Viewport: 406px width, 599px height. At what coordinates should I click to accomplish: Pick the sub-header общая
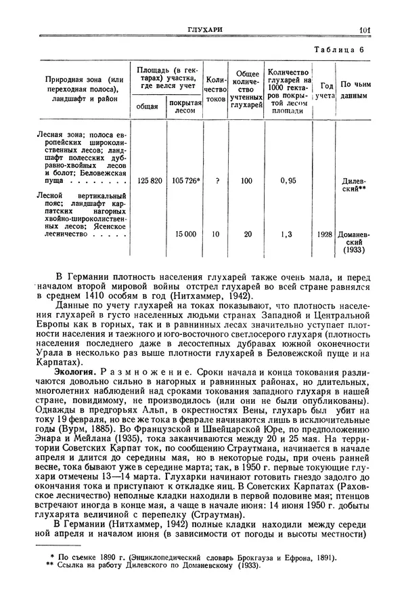[148, 106]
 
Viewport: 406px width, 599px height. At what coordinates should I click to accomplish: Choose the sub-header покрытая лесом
[185, 106]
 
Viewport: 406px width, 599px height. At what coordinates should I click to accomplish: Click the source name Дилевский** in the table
[354, 186]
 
